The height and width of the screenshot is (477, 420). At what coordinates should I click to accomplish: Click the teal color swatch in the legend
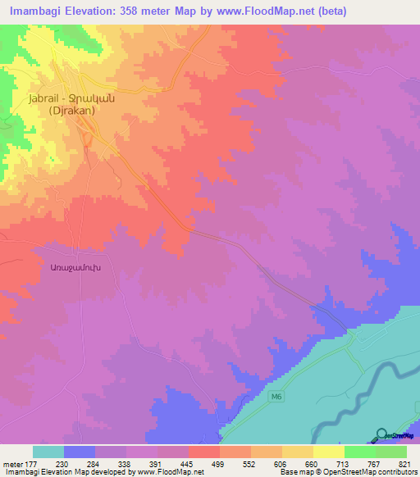tap(48, 452)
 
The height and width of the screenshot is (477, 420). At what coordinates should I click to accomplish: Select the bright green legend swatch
tap(360, 452)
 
